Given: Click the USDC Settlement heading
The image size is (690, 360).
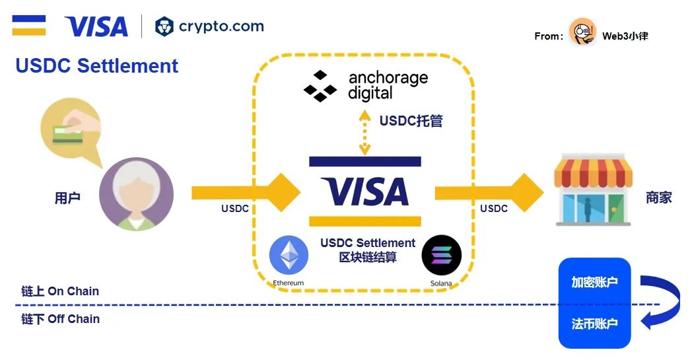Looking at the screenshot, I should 97,66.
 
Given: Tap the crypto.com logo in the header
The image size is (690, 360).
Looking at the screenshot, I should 209,26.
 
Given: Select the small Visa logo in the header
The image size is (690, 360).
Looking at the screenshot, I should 96,26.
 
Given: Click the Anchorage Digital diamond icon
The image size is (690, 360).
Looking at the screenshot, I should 320,87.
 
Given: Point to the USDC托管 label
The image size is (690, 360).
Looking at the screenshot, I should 411,121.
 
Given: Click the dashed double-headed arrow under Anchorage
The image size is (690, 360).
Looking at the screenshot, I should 364,133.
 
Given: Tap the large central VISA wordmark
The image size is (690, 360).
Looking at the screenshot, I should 364,192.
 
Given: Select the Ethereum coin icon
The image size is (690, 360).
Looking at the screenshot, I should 289,256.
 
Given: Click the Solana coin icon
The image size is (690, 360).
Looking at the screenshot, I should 441,256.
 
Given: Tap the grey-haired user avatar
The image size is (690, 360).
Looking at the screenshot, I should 136,194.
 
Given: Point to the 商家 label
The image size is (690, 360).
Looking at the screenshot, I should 658,197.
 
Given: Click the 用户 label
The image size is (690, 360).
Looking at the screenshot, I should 67,198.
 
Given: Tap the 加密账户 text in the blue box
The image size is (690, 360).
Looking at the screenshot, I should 594,282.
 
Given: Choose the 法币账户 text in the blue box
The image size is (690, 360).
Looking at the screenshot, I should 594,324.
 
